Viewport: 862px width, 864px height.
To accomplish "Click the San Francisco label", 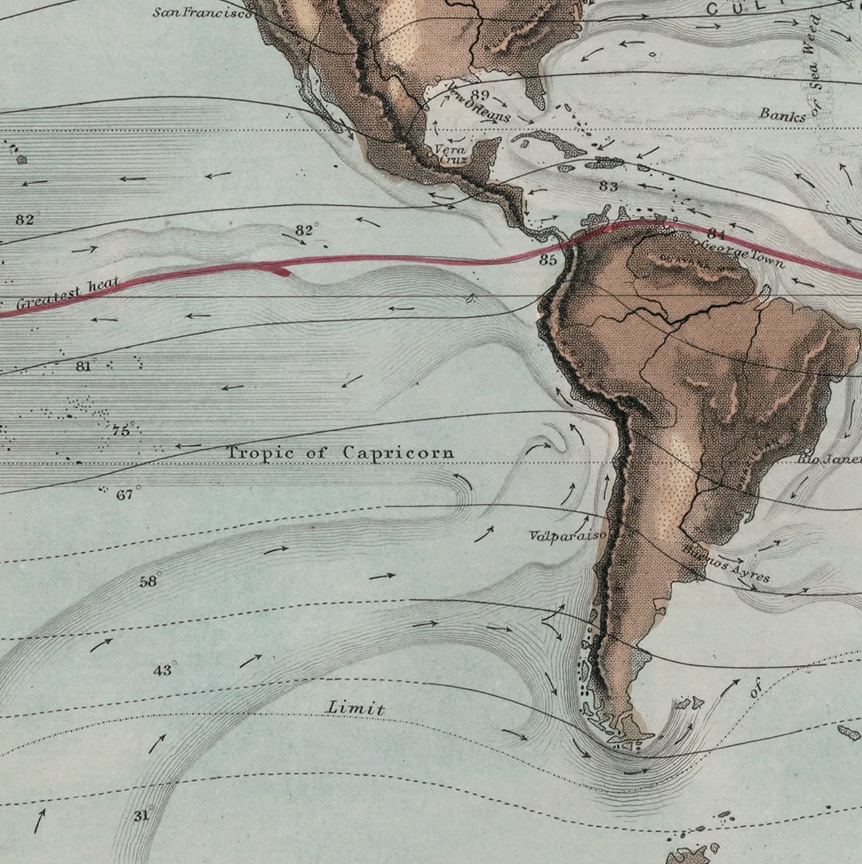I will click(x=202, y=13).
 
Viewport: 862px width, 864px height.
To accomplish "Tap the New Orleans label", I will click(x=479, y=104).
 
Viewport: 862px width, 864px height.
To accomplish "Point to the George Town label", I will click(x=741, y=252).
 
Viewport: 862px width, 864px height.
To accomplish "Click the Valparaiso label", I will click(x=567, y=536).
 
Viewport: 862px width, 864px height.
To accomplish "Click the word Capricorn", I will click(x=398, y=453).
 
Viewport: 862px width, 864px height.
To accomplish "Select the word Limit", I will click(x=356, y=708).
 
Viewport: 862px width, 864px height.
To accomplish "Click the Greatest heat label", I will click(x=68, y=293).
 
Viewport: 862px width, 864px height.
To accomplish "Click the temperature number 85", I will click(x=548, y=260).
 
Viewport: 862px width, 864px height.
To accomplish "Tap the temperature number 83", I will click(x=608, y=186).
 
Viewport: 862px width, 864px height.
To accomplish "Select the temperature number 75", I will click(x=121, y=430).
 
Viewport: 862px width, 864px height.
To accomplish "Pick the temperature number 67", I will click(x=125, y=494).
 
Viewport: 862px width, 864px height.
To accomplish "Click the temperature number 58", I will click(x=148, y=581).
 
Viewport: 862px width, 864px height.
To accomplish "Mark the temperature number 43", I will click(x=162, y=670).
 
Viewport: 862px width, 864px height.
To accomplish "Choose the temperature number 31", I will click(x=141, y=815).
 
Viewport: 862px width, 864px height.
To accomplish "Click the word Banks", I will click(x=782, y=114).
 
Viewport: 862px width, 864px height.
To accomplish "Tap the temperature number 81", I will click(x=84, y=367).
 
